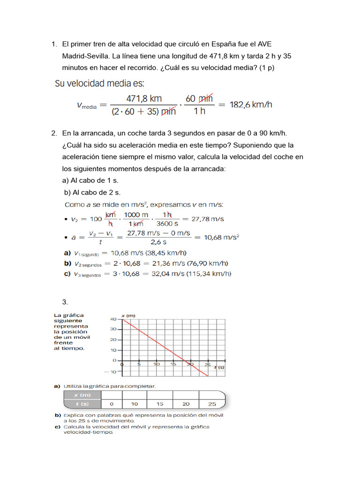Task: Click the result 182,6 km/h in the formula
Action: point(251,105)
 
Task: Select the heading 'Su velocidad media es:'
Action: point(100,84)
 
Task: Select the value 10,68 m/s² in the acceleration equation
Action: point(221,237)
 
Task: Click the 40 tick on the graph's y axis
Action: point(113,319)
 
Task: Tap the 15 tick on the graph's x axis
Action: point(174,364)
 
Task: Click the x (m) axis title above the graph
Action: point(128,315)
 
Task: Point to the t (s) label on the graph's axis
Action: point(219,367)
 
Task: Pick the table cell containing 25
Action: point(211,404)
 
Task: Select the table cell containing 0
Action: point(111,404)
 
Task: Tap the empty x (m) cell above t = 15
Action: point(160,395)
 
